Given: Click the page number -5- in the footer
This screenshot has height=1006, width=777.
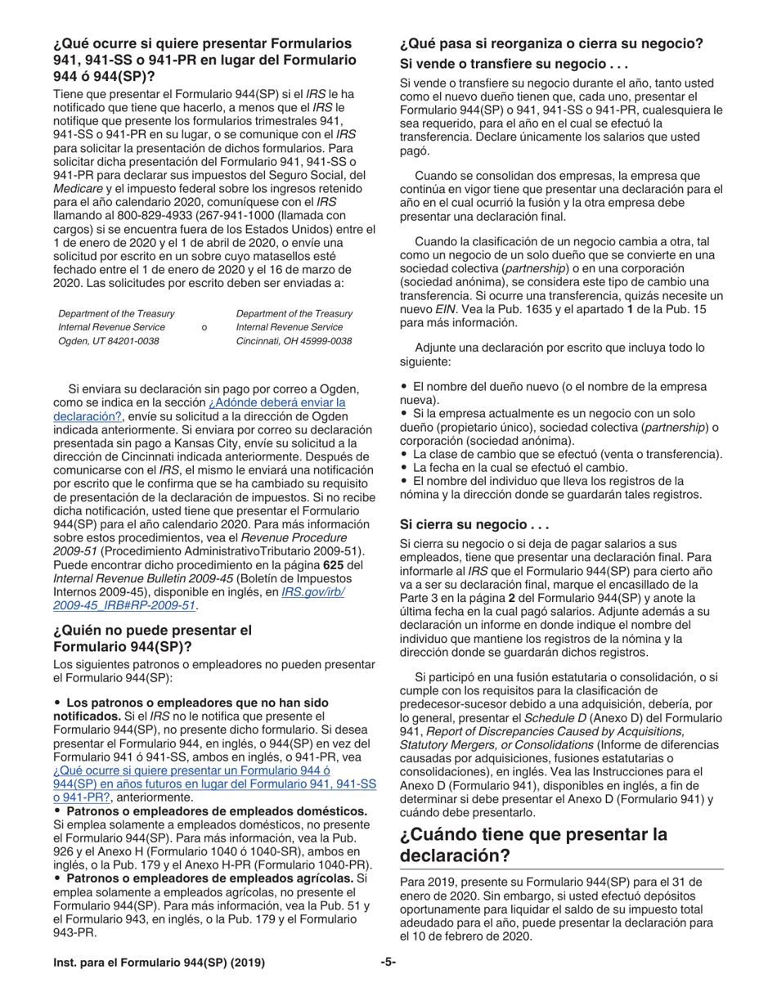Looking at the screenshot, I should [x=388, y=963].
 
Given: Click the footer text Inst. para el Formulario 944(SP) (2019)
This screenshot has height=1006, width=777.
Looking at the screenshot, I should [x=159, y=963].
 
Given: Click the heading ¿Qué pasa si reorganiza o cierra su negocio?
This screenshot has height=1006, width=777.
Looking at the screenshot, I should [x=551, y=43].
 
